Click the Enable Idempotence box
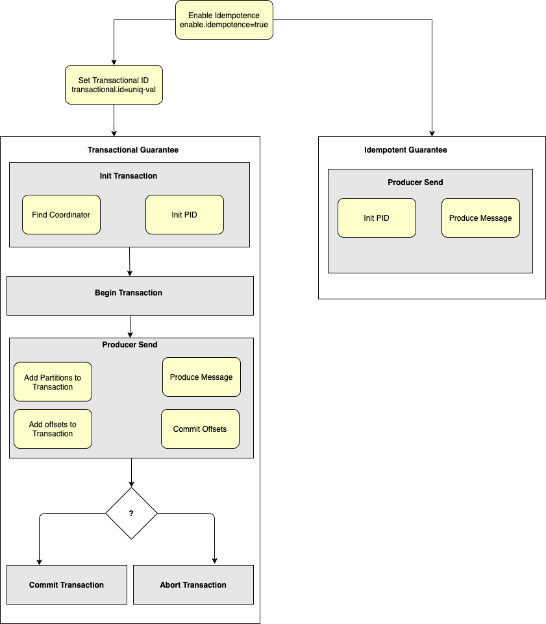[224, 19]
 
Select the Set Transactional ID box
[114, 84]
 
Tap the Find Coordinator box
[61, 214]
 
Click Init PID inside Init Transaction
[184, 214]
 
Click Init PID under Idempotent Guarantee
[377, 218]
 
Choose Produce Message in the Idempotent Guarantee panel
[480, 218]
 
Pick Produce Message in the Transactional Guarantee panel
[201, 377]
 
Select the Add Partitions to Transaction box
[53, 382]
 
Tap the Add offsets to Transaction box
[53, 429]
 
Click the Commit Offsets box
[200, 429]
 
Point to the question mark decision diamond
[131, 513]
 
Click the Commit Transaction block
[66, 584]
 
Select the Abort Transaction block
[193, 584]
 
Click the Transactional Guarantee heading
[132, 150]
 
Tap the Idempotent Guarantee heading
[406, 150]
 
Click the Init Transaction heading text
[129, 176]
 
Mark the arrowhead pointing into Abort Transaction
[214, 561]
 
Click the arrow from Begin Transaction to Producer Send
[130, 326]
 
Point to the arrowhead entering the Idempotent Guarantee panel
[432, 133]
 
